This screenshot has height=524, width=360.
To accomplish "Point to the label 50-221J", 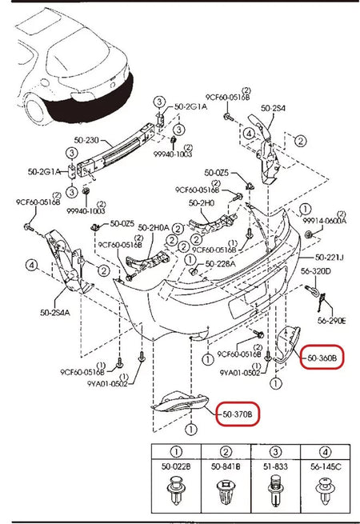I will coord(328,257).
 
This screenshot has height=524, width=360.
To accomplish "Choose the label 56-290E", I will coord(330,321).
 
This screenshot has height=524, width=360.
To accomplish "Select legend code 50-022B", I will coord(174,465).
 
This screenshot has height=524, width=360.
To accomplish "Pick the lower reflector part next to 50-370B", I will coord(177,402).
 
